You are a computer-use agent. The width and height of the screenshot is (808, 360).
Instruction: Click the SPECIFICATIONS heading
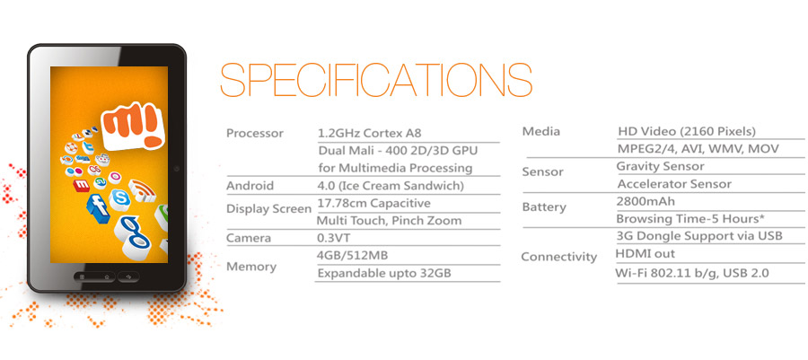(x=376, y=80)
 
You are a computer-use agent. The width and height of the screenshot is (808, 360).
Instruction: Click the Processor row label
(x=255, y=134)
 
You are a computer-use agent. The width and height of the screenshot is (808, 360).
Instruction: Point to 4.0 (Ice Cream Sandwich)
(x=391, y=186)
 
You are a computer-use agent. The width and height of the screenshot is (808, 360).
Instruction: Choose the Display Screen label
(x=268, y=209)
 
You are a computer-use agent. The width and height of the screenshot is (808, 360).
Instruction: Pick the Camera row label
(x=249, y=239)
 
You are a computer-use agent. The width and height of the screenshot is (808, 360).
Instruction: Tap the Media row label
(x=540, y=133)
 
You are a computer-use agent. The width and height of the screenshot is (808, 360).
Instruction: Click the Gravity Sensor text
(x=660, y=166)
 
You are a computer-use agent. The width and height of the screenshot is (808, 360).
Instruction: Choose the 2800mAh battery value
(x=646, y=201)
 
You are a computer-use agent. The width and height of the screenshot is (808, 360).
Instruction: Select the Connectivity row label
(x=558, y=257)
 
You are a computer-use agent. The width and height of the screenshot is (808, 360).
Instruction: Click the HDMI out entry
(x=646, y=254)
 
